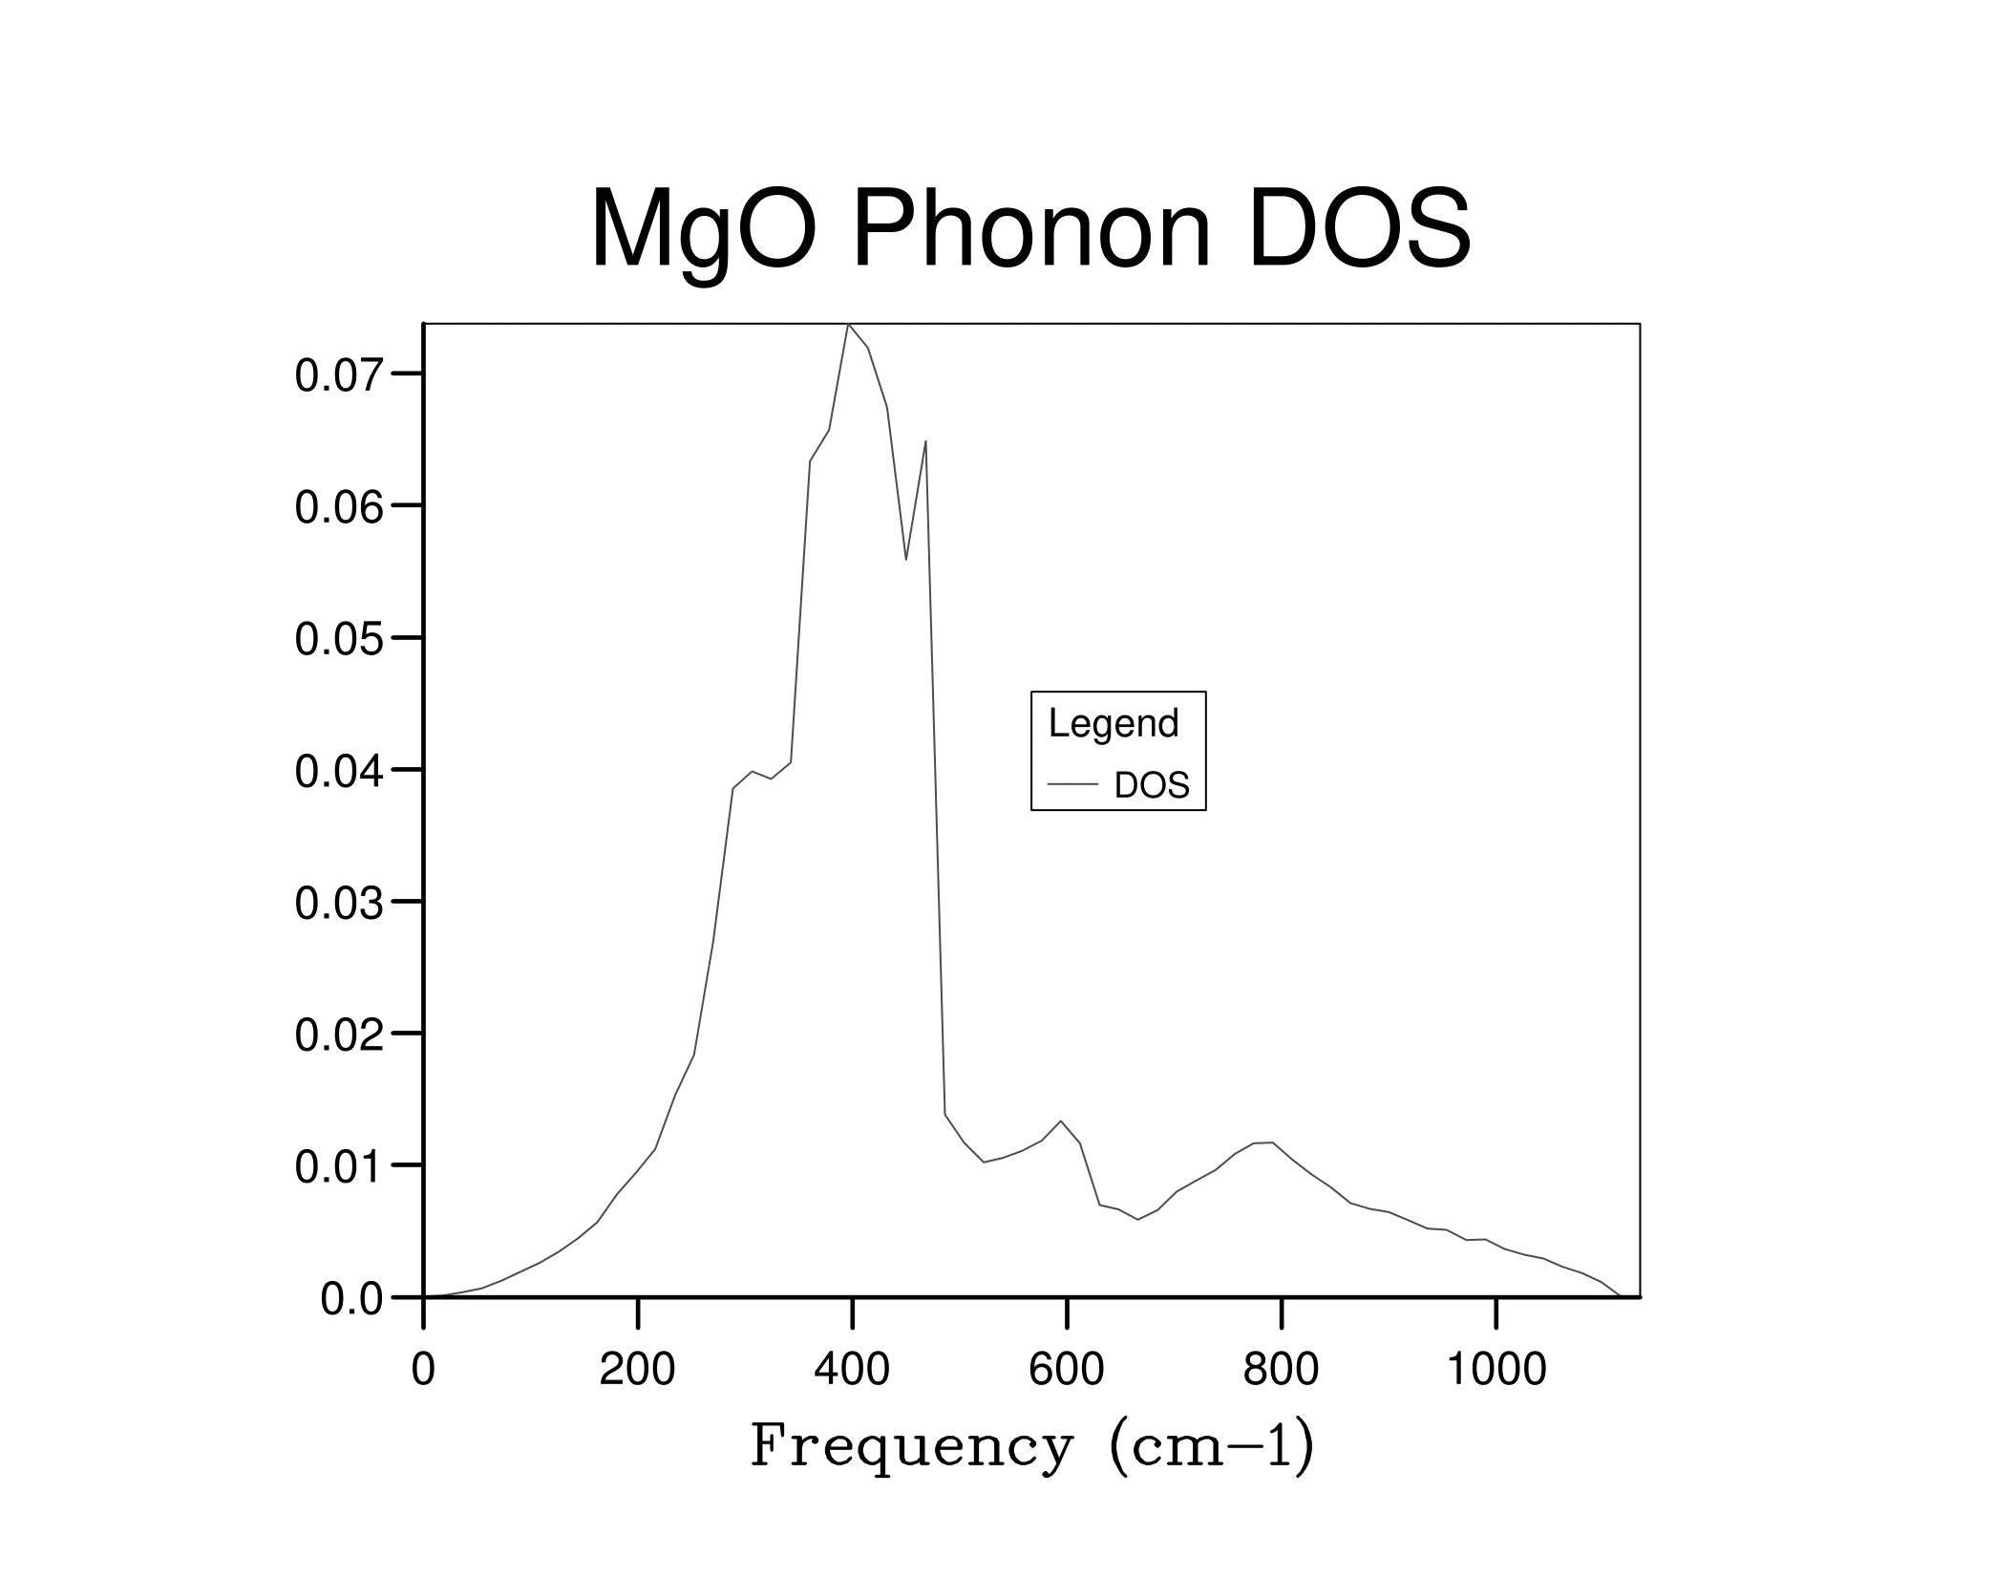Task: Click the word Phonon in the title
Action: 1031,229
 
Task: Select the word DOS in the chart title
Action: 1359,229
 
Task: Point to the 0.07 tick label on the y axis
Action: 338,375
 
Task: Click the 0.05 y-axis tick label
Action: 338,639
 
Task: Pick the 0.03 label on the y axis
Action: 338,904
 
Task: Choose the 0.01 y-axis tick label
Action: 338,1167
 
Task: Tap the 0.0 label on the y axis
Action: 350,1299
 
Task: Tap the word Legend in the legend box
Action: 1114,723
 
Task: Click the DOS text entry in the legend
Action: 1152,785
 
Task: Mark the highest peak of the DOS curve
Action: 848,326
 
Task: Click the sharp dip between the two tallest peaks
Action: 906,559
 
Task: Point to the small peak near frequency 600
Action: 1061,1121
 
